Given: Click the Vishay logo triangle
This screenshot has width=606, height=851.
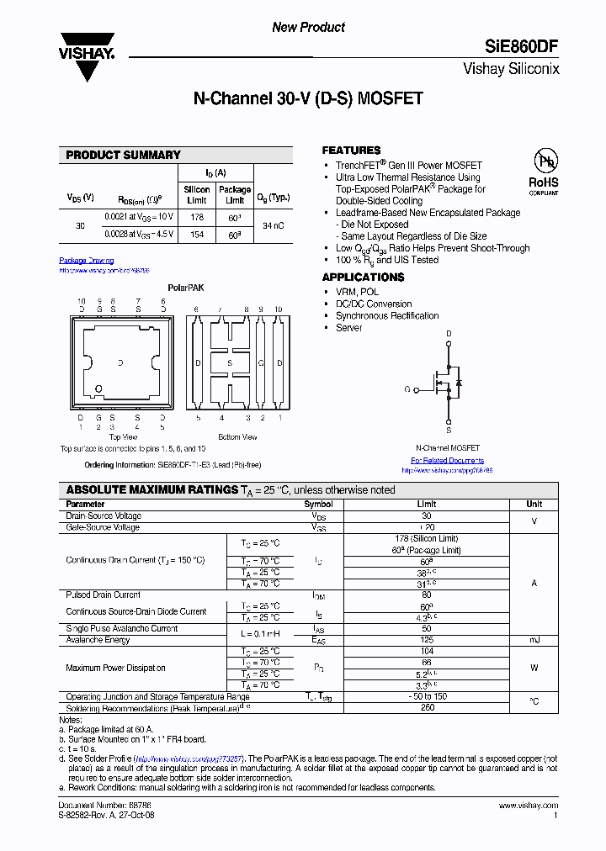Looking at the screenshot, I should click(x=86, y=59).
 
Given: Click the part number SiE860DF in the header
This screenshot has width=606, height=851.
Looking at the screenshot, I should click(x=521, y=47).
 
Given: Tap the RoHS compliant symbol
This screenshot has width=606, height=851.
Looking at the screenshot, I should click(x=543, y=172).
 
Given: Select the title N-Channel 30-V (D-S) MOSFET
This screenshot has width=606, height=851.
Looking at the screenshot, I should click(x=308, y=99).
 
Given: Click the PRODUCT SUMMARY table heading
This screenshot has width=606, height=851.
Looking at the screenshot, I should click(x=123, y=155).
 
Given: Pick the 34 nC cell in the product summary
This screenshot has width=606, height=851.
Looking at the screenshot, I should click(x=273, y=226).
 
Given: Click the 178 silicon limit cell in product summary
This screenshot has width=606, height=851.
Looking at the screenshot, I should click(x=197, y=217).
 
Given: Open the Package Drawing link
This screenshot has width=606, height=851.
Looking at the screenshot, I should click(x=86, y=261).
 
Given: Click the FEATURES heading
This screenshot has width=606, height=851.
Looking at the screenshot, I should click(x=351, y=150).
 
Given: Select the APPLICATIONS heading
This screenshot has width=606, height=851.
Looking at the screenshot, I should click(x=363, y=277).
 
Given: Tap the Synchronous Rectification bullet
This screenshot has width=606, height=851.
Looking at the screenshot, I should click(x=387, y=316).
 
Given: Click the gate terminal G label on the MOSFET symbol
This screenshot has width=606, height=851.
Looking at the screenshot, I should click(x=407, y=389).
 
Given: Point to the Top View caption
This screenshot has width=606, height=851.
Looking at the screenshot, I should click(x=123, y=437).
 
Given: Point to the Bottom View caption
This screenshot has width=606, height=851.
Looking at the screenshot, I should click(x=237, y=437).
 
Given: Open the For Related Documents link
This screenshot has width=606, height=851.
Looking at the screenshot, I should click(x=447, y=461).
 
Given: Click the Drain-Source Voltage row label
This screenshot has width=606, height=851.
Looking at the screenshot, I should click(x=104, y=516).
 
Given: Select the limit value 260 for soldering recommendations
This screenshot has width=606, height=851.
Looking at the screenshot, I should click(x=427, y=708).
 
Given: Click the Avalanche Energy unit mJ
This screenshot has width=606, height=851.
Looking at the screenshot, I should click(x=534, y=640).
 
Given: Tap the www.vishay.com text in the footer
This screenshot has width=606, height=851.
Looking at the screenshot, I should click(x=531, y=806).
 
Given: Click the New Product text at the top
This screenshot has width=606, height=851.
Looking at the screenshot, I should click(x=308, y=28).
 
